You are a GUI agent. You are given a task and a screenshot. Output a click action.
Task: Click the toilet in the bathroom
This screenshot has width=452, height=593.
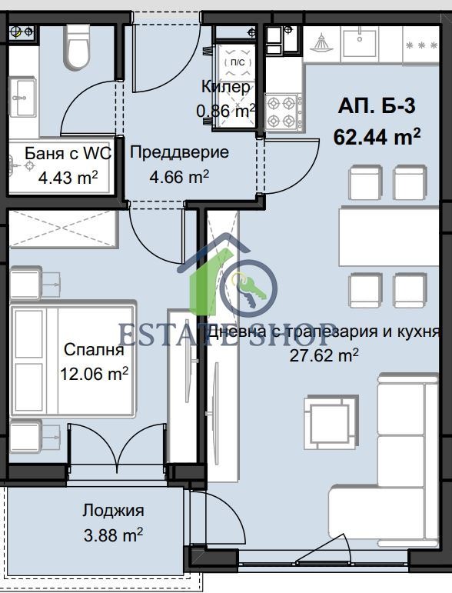click(78, 46)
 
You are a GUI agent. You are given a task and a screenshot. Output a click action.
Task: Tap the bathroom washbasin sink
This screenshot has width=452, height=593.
click(22, 97)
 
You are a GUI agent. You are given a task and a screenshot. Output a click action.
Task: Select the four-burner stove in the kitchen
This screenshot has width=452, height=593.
click(284, 112)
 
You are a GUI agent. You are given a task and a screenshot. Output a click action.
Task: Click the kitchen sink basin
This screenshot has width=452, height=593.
click(360, 43)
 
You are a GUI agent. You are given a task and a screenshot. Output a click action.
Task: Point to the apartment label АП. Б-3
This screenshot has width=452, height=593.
click(377, 106)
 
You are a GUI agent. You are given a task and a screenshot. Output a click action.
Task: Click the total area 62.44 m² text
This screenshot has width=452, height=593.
click(377, 136)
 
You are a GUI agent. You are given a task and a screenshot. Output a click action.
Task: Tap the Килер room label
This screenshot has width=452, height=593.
click(226, 87)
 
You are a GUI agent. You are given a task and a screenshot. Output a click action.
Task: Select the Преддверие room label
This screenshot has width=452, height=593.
click(179, 152)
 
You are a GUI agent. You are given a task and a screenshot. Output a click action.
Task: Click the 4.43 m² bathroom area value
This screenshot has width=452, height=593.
click(68, 178)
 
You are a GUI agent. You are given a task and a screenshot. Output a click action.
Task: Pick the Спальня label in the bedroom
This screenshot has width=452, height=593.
click(94, 349)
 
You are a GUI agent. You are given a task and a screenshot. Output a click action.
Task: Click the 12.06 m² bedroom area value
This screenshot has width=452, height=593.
click(94, 374)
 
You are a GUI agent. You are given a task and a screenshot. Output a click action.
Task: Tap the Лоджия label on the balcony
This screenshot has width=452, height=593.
click(113, 511)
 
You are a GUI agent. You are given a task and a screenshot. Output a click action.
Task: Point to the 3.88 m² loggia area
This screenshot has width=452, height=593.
click(113, 535)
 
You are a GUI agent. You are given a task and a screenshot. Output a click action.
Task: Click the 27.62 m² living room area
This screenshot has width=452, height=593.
click(324, 355)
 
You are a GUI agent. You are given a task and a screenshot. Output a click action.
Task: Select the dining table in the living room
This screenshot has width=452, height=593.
click(389, 236)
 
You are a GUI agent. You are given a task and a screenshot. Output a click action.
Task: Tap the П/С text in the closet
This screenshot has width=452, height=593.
click(238, 62)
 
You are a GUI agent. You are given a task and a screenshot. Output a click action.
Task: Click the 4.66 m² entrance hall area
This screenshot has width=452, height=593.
click(179, 177)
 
